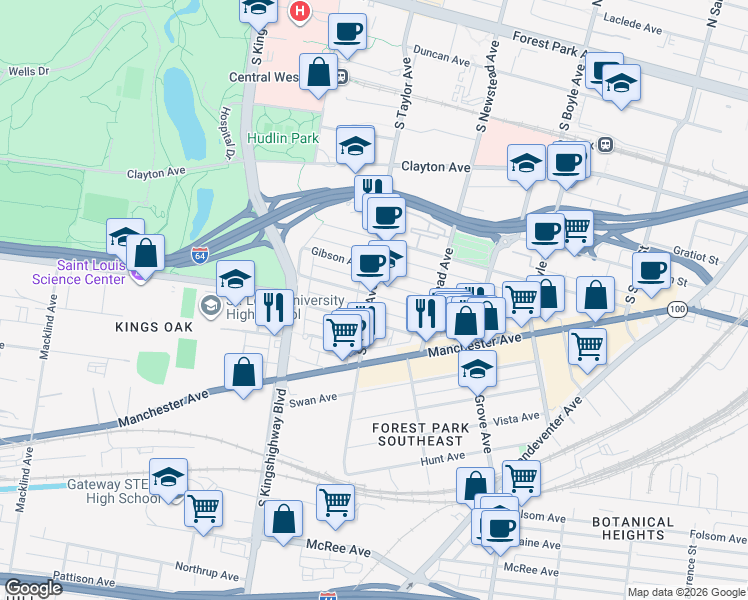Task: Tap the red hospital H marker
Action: [x=298, y=12]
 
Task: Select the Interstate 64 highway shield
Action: [x=200, y=256]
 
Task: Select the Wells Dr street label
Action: [x=28, y=72]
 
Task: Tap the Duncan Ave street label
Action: [x=441, y=60]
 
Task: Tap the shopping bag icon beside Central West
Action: [x=319, y=73]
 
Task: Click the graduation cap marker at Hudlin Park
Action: [x=354, y=146]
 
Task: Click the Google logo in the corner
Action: [x=33, y=588]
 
